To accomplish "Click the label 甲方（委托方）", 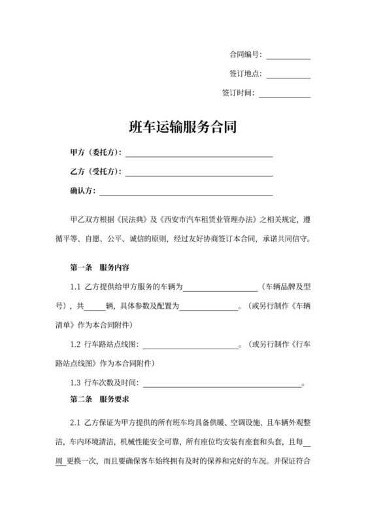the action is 95,153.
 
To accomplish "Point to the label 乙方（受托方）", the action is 95,172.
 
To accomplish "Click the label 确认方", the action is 82,191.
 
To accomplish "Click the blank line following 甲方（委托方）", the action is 199,154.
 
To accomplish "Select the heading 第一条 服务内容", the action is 99,268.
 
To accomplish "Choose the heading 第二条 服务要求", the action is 99,398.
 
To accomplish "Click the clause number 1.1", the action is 75,286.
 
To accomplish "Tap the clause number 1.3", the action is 75,381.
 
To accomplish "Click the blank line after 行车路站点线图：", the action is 190,345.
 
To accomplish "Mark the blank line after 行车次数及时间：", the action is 222,383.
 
